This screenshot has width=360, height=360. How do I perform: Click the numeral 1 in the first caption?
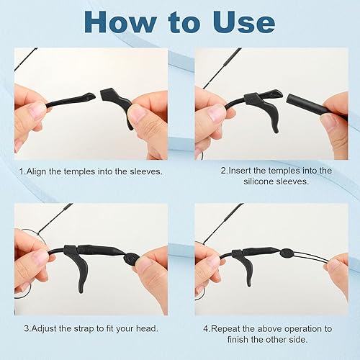point(22,172)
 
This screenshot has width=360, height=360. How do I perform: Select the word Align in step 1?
point(40,172)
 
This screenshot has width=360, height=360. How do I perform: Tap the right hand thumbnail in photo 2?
point(328,122)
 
